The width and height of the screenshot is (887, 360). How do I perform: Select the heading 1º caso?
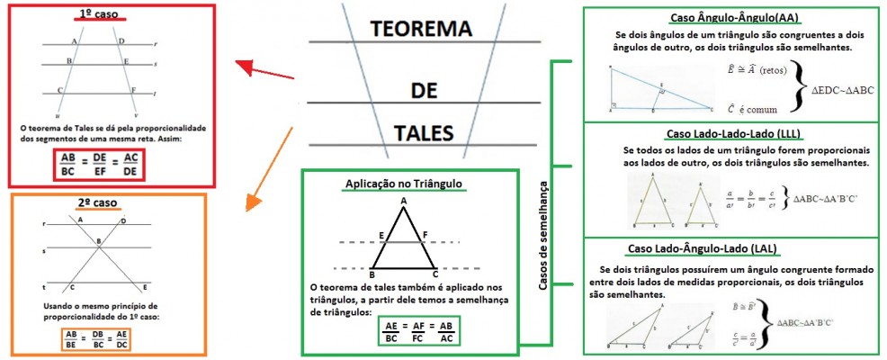(98, 15)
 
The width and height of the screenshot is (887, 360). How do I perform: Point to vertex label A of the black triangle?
(404, 200)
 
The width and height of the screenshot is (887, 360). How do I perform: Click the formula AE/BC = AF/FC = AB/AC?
(419, 331)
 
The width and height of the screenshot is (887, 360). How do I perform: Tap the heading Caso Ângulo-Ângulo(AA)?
(734, 17)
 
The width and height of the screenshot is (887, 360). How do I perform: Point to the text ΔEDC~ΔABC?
(842, 90)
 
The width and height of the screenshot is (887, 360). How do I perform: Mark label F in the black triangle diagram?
(426, 234)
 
